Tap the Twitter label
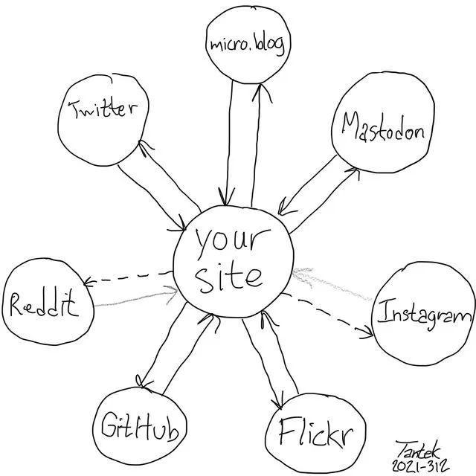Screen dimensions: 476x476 click(x=103, y=109)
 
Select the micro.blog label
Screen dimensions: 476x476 click(x=248, y=45)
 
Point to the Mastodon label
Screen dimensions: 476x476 click(x=383, y=127)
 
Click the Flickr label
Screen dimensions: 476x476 click(x=316, y=432)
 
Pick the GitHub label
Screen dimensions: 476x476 click(x=140, y=425)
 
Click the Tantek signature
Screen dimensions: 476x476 click(x=417, y=450)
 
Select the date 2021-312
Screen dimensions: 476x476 click(x=421, y=466)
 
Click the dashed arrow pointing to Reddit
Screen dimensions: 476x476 click(x=128, y=278)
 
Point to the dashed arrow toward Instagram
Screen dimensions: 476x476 click(x=327, y=315)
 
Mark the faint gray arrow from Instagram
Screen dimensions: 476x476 click(x=332, y=284)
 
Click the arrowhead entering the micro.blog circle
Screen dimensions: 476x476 click(x=262, y=92)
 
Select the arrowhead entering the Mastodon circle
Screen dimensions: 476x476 click(x=352, y=174)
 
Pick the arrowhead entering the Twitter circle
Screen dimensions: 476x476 click(x=146, y=148)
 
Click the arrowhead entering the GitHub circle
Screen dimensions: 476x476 click(x=143, y=382)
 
